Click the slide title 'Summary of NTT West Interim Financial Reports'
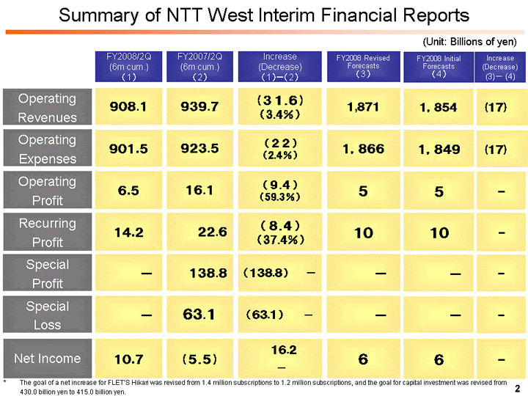(x=263, y=15)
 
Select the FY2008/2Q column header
(x=128, y=66)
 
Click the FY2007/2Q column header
(x=199, y=66)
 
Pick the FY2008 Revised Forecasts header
(x=363, y=66)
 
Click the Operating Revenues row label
(x=47, y=108)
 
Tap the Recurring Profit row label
(x=47, y=232)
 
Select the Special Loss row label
(x=47, y=315)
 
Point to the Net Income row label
(x=47, y=358)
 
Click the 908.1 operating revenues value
(x=128, y=107)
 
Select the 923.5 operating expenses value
(x=199, y=149)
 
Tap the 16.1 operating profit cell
(x=199, y=191)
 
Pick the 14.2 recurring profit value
(x=128, y=232)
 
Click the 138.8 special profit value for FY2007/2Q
(x=208, y=273)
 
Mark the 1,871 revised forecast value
(x=363, y=107)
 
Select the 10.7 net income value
(x=128, y=359)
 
